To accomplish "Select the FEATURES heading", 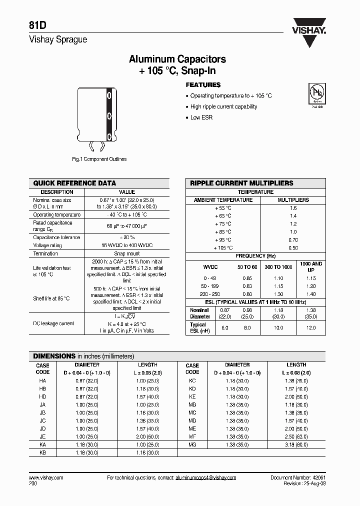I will pos(203,85).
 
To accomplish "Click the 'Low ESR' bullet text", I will pos(202,117).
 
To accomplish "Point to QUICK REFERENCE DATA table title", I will pos(74,183).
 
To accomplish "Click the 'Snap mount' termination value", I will pos(127,254).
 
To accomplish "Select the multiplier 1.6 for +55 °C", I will pos(293,208).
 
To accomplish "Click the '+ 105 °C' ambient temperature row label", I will pos(223,248).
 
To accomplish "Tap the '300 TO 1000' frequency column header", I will pos(278,267).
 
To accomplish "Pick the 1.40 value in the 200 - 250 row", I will pos(311,294).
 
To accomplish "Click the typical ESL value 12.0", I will pos(311,328).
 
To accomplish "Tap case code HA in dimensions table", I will pos(42,380).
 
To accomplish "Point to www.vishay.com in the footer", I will pos(43,478).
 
